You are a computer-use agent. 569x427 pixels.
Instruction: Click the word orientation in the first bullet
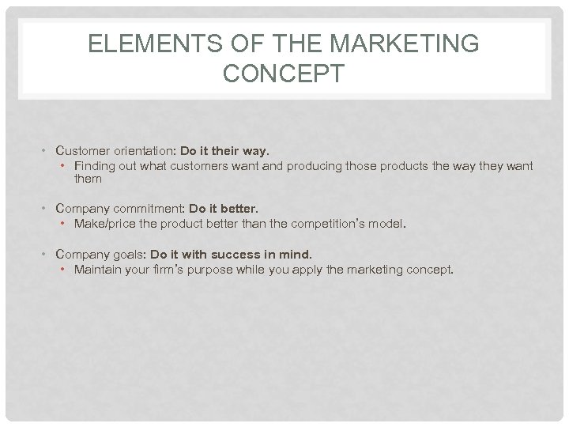pyautogui.click(x=145, y=149)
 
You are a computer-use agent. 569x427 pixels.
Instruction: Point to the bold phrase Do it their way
pyautogui.click(x=225, y=149)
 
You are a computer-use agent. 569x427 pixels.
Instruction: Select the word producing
pyautogui.click(x=315, y=166)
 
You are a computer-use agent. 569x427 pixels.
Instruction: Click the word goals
pyautogui.click(x=128, y=255)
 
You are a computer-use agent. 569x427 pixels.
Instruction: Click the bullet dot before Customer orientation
pyautogui.click(x=47, y=150)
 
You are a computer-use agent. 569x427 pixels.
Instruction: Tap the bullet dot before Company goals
pyautogui.click(x=47, y=255)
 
